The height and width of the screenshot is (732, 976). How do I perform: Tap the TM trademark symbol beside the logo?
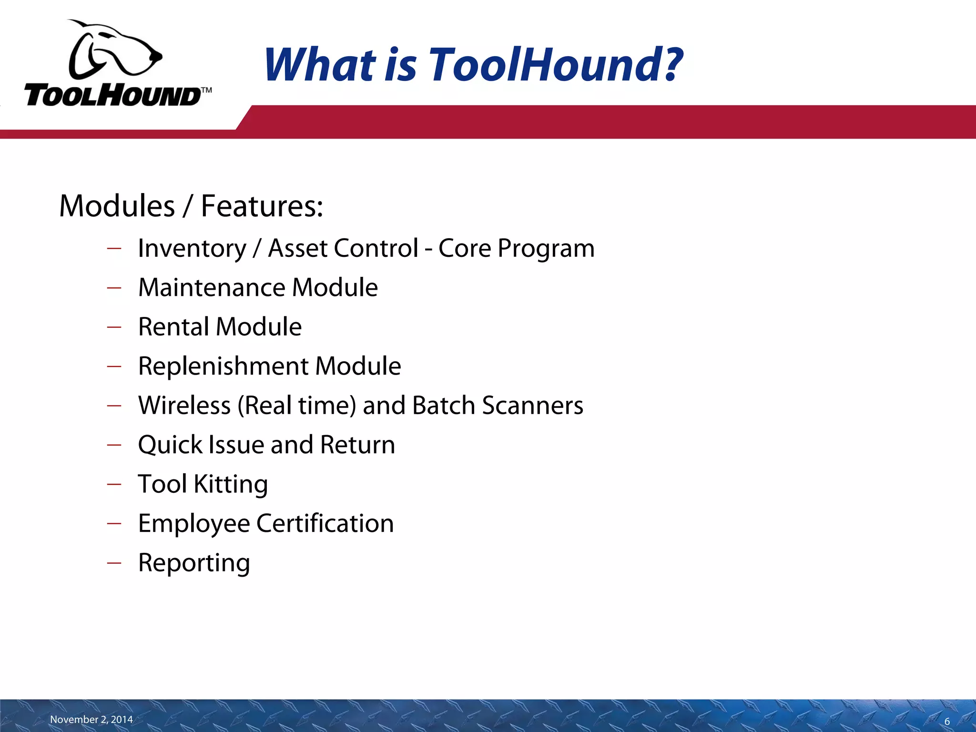click(206, 90)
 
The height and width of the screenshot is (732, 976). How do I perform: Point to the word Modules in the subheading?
click(117, 206)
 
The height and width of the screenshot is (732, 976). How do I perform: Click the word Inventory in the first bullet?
click(192, 249)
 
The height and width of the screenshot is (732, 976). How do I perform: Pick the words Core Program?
click(516, 249)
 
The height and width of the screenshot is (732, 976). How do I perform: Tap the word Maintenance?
click(212, 288)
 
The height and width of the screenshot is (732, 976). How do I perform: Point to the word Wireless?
click(184, 406)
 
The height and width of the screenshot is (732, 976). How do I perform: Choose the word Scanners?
click(532, 406)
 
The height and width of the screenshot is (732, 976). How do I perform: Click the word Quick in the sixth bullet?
click(170, 445)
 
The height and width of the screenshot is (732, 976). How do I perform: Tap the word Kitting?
click(231, 484)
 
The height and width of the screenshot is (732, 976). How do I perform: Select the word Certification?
click(325, 523)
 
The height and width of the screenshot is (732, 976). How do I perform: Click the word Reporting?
click(194, 563)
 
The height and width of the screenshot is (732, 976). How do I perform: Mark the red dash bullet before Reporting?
click(114, 563)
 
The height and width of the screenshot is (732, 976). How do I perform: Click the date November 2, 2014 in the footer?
click(91, 719)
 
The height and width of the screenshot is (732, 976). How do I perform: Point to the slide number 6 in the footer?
click(947, 722)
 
